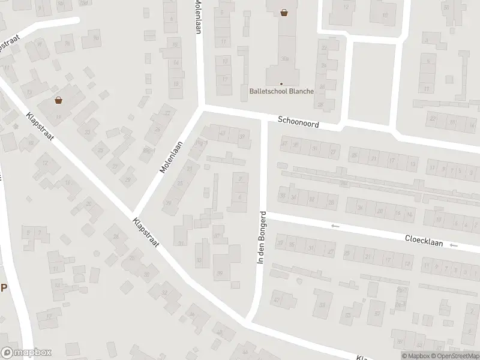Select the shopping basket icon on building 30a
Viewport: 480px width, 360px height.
point(283,12)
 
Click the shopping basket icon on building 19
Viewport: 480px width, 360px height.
point(58,100)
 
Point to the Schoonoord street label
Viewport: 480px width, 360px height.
point(298,122)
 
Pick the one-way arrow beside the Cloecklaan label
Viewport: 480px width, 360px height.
point(454,245)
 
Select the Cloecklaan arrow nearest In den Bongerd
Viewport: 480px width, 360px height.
point(335,226)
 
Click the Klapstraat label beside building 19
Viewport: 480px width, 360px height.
point(40,128)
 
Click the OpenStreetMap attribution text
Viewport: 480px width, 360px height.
point(457,356)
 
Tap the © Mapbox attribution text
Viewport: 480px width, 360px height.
point(416,356)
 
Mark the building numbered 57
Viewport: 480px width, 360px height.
point(377,312)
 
